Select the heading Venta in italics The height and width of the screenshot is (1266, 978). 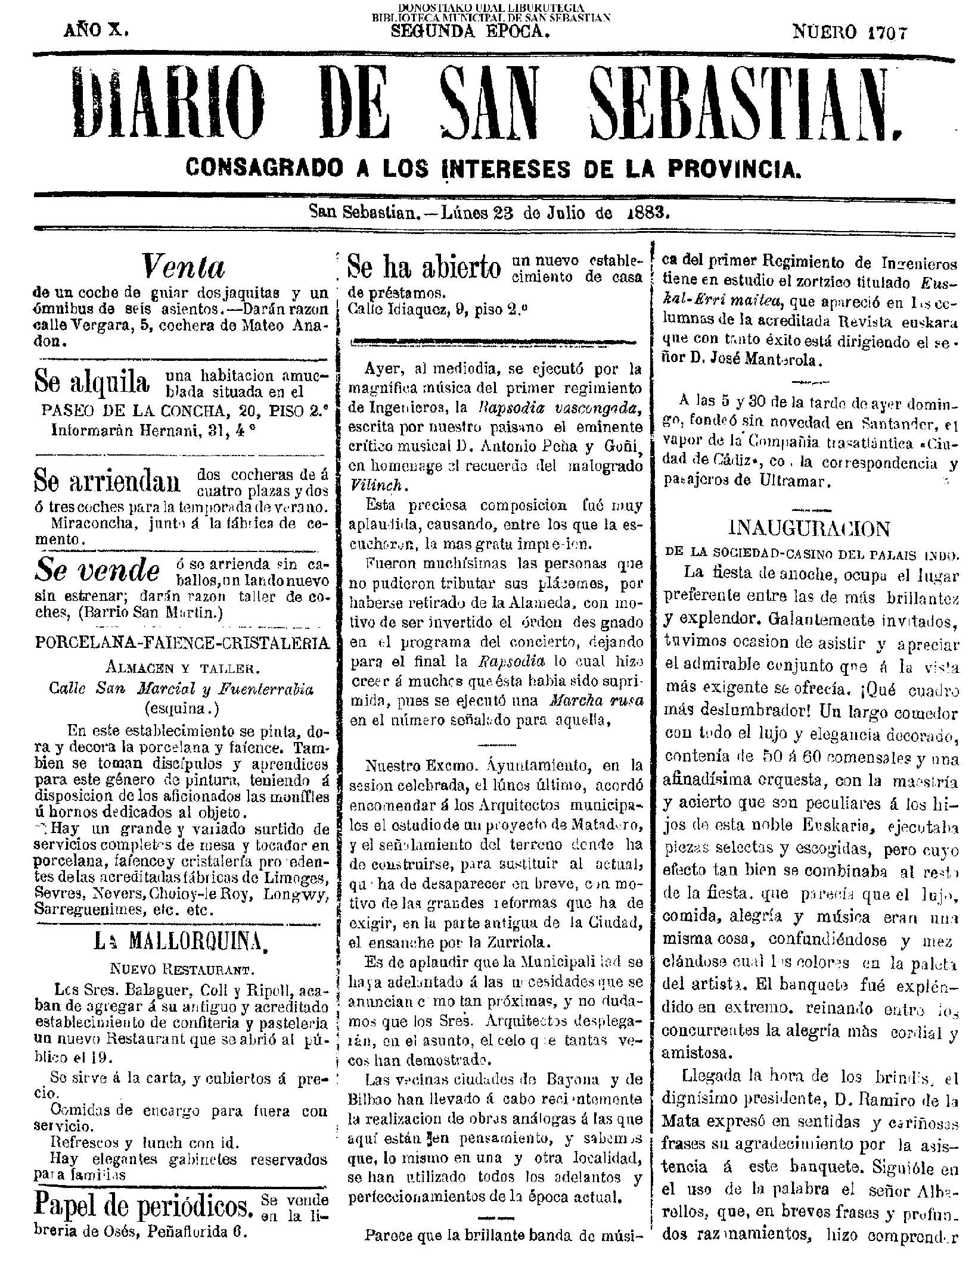click(x=184, y=267)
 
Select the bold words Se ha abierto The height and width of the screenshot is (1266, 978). click(x=423, y=267)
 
